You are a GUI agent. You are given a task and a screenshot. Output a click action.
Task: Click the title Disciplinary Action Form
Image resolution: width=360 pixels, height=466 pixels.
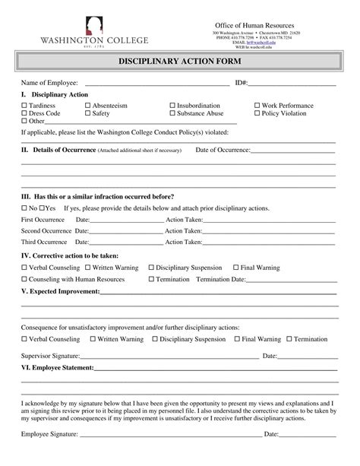pos(179,61)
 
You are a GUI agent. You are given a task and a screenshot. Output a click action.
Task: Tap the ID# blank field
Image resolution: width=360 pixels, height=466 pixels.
pos(292,84)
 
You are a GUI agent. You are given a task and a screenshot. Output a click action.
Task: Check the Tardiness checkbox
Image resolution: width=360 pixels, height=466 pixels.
pos(24,106)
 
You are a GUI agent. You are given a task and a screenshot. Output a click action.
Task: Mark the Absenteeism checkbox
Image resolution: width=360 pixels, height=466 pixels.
pos(87,106)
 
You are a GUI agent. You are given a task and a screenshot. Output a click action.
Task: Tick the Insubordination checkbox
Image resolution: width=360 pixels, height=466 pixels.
pos(172,106)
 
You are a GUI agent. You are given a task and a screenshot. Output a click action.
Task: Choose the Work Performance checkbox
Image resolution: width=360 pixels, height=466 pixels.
pos(257,106)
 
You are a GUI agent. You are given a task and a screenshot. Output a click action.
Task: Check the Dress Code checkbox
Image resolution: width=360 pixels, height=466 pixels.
pos(24,113)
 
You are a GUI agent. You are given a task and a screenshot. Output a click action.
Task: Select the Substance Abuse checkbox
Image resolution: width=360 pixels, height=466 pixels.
pos(172,113)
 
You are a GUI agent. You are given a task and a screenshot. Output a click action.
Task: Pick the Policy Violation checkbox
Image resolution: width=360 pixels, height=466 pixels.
pos(257,113)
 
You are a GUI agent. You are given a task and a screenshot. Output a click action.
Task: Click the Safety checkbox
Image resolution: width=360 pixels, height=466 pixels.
pos(87,113)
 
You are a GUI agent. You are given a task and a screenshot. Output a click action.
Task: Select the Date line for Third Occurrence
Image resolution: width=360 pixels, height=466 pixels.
pos(126,243)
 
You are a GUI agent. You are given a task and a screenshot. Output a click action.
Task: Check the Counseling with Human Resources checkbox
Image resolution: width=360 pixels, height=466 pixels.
pos(24,279)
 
